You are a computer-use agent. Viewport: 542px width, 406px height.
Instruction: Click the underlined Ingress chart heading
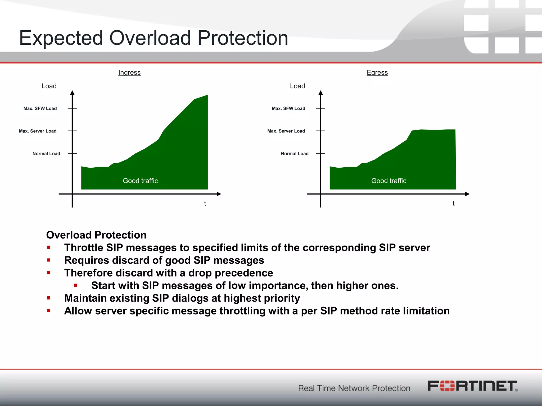129,72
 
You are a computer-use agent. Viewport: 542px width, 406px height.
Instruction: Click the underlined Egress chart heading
377,72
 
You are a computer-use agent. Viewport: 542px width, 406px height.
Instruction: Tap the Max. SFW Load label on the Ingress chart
40,108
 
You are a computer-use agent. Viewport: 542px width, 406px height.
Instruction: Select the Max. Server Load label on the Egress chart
286,131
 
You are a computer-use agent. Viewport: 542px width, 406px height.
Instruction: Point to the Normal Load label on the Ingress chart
46,154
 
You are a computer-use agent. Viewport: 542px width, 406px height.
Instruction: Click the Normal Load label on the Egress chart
295,154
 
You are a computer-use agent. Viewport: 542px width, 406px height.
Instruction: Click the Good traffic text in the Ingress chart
140,181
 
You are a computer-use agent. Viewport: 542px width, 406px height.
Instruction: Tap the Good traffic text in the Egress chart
389,181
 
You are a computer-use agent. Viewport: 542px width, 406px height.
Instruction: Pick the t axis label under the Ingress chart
205,203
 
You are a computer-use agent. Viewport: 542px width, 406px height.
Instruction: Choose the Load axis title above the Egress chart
297,86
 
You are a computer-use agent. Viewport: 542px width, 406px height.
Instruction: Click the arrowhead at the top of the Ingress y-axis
72,93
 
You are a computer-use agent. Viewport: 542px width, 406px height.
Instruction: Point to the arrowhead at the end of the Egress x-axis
467,194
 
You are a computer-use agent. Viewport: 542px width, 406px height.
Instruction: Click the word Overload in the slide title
150,38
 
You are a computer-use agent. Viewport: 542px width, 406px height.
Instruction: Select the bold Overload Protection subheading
96,235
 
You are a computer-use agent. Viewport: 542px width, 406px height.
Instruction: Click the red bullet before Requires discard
48,260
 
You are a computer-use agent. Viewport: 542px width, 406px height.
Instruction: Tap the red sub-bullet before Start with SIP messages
76,285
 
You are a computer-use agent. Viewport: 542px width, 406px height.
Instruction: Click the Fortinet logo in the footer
472,386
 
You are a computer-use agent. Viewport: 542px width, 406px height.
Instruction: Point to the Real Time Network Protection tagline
354,388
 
